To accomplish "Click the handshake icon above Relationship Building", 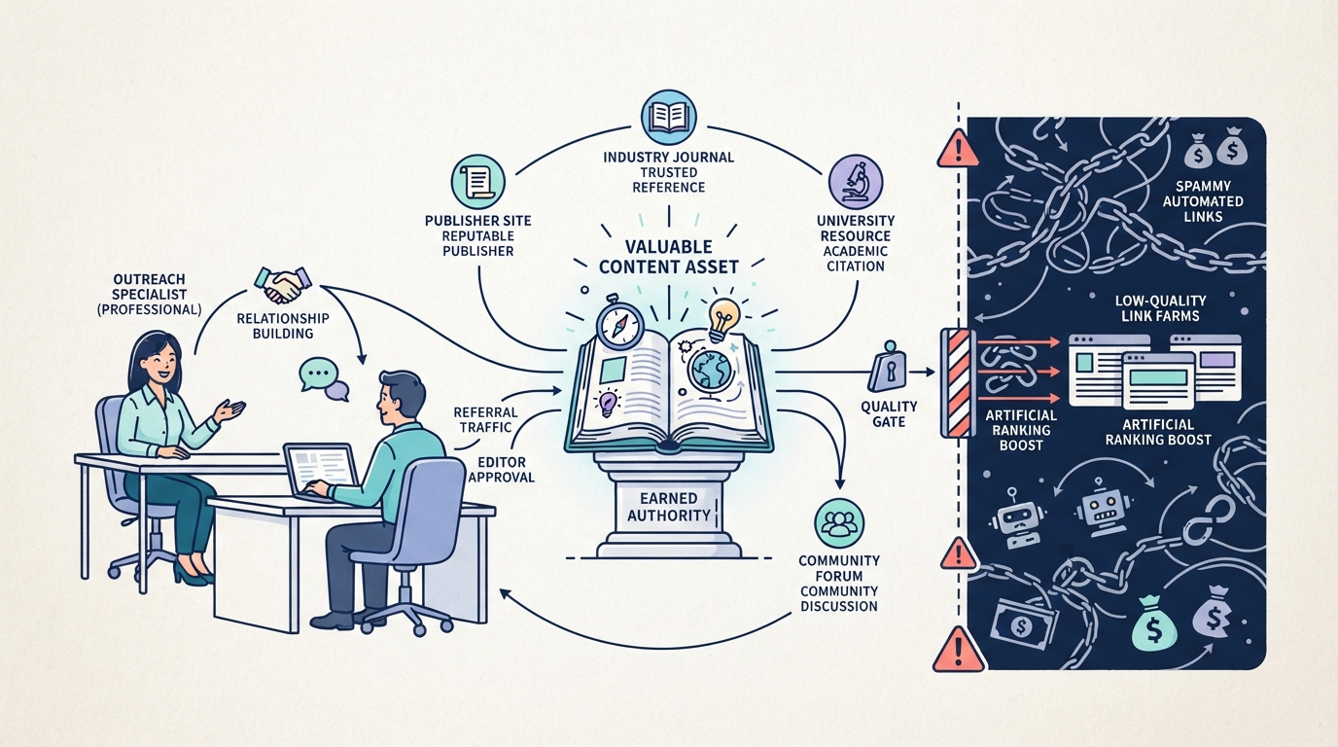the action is click(x=283, y=284).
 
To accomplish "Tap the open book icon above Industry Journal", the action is click(x=668, y=118).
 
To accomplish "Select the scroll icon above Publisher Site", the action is click(x=477, y=182).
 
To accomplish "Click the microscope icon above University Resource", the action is click(x=856, y=182).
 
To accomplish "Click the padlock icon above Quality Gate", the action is click(x=889, y=368).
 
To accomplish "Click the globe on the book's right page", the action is click(x=710, y=370).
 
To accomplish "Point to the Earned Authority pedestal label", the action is click(x=668, y=507).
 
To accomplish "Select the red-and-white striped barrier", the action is click(x=959, y=382).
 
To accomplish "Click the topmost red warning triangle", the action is click(x=958, y=149).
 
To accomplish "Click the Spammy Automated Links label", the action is click(x=1203, y=201).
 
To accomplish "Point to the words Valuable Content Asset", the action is click(x=668, y=257).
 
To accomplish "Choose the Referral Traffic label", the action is click(x=485, y=419).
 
